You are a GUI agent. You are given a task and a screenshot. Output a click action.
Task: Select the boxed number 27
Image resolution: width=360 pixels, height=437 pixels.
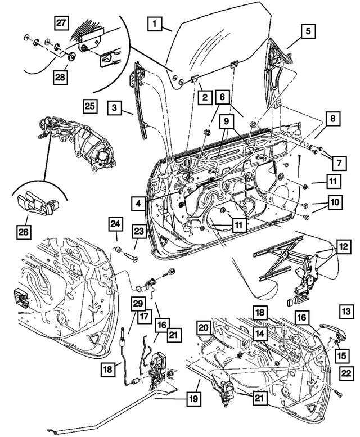(61, 23)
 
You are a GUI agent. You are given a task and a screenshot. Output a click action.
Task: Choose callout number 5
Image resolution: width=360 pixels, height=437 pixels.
(308, 31)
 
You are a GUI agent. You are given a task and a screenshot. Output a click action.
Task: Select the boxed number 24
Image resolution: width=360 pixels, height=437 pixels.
(114, 225)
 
